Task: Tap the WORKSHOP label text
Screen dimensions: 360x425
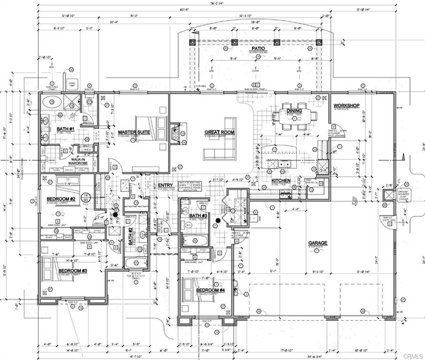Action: [x=346, y=105]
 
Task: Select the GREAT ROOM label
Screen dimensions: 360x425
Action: [x=219, y=133]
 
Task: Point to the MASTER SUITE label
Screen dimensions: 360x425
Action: [x=134, y=132]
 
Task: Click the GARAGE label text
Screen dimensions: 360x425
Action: [x=317, y=243]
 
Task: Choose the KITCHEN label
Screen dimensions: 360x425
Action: [x=281, y=180]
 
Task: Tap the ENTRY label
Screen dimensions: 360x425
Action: [x=165, y=185]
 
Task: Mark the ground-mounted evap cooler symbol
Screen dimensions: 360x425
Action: [x=389, y=195]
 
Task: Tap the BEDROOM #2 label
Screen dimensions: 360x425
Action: [x=61, y=199]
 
